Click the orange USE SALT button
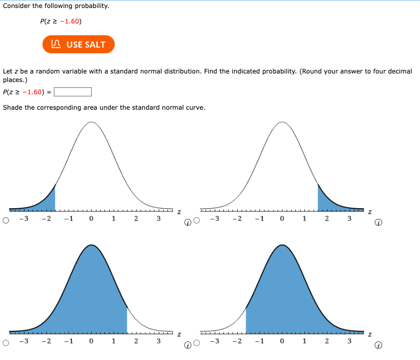78,44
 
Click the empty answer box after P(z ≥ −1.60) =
72,92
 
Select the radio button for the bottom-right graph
197,343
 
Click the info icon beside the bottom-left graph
188,345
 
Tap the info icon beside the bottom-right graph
378,345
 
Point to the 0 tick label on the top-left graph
91,218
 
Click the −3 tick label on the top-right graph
214,218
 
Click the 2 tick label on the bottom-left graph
135,341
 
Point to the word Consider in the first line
17,6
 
